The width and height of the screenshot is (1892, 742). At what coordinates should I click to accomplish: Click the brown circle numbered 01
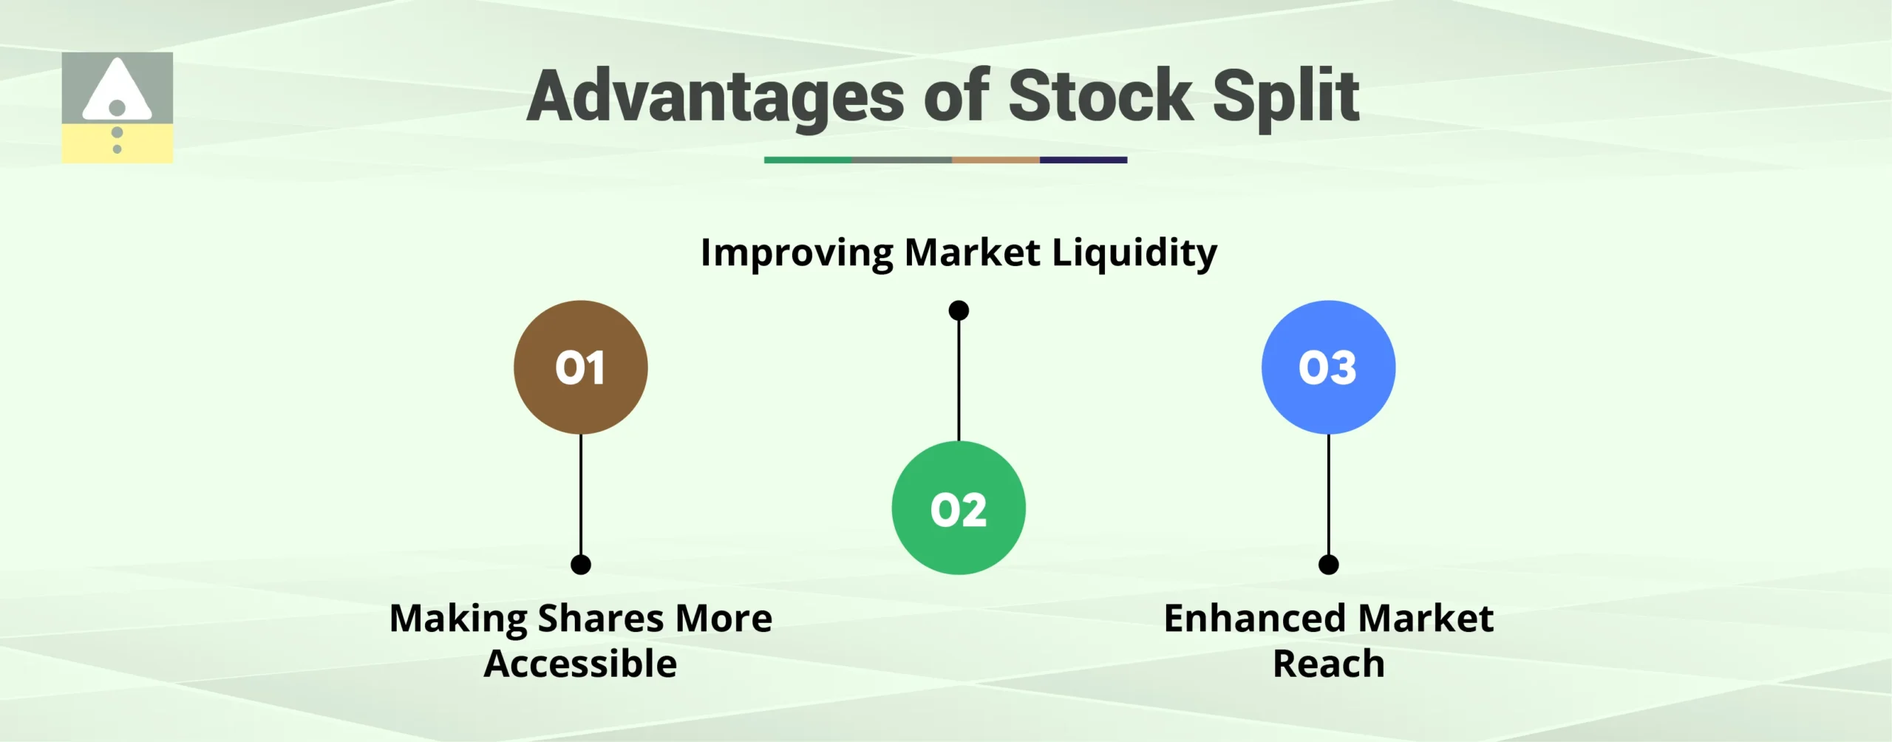[580, 367]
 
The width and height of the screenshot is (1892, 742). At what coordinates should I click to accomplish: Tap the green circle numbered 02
[959, 508]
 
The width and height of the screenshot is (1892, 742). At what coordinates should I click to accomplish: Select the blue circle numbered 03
[1328, 367]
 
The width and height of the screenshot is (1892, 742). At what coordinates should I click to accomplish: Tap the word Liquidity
[1134, 253]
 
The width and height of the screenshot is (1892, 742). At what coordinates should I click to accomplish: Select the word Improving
[797, 253]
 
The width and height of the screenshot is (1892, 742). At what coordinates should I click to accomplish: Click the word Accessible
[580, 664]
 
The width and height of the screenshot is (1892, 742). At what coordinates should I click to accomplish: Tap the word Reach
[1328, 664]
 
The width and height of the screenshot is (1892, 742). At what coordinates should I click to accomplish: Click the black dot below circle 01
[581, 565]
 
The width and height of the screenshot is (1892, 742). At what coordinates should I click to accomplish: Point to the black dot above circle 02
[959, 310]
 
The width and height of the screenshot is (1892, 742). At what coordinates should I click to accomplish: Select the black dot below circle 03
[1328, 565]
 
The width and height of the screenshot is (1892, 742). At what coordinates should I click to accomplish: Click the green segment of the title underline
[807, 160]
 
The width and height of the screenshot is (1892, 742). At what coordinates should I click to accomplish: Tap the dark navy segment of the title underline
[1083, 160]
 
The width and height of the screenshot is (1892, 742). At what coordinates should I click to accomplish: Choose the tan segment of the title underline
[995, 160]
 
